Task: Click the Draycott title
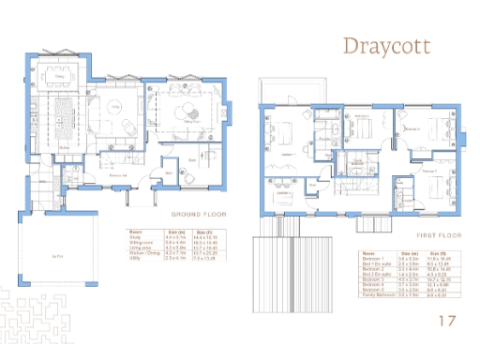point(387,46)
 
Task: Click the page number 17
point(448,322)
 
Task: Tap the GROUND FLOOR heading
point(194,214)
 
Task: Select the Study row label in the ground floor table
point(134,238)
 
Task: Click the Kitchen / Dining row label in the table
point(142,252)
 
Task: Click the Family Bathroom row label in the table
point(373,294)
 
